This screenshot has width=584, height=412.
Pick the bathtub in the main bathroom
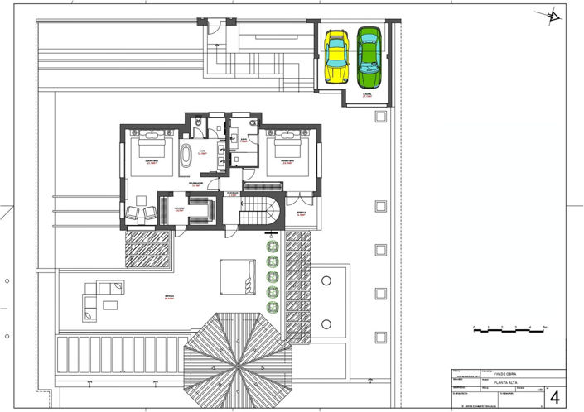(x=186, y=155)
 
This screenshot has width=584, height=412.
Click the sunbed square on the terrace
(x=239, y=275)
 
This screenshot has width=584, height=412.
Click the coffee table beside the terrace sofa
(x=110, y=305)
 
